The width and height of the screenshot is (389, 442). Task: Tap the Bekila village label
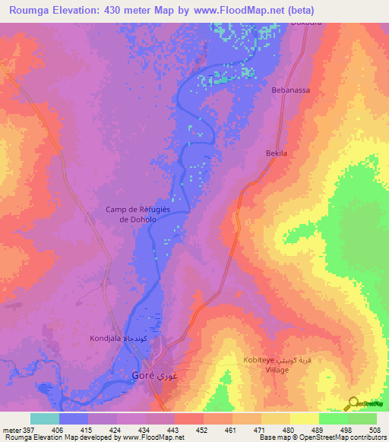click(x=276, y=153)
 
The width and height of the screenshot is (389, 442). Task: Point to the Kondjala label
click(x=106, y=337)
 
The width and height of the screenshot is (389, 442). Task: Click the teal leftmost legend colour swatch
click(x=45, y=418)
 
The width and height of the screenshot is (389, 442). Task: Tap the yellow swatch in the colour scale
click(x=304, y=418)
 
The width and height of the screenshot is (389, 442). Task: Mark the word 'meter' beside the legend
click(x=11, y=430)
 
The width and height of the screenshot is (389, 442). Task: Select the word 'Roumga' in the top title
click(x=30, y=10)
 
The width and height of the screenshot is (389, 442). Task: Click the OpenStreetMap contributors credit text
click(x=343, y=437)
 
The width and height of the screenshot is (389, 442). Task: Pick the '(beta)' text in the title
click(x=297, y=10)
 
